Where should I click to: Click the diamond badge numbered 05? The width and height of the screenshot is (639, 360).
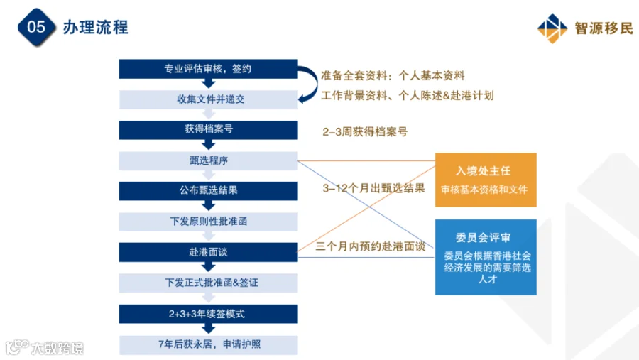[36, 27]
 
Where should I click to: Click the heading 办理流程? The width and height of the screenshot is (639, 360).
[95, 28]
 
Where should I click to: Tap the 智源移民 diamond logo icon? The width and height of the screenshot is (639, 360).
[552, 28]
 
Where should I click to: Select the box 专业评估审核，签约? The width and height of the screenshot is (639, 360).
[208, 68]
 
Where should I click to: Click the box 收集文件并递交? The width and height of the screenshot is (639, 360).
[208, 99]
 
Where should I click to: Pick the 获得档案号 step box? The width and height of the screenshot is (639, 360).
[208, 130]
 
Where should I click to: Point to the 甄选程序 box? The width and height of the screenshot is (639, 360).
[208, 160]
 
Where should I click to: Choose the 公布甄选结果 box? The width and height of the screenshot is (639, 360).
[208, 191]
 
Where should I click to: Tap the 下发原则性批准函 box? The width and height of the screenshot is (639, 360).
[208, 222]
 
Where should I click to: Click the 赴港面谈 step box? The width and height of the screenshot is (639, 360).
[208, 252]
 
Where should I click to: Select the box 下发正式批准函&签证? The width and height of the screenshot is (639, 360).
[208, 283]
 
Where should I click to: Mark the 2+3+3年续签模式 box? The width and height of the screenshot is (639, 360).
[208, 314]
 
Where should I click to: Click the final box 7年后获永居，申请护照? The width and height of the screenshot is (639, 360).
[208, 345]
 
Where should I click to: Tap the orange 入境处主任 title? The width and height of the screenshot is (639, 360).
[484, 171]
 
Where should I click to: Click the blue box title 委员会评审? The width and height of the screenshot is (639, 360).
[484, 238]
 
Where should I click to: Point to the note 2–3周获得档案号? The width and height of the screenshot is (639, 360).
[365, 131]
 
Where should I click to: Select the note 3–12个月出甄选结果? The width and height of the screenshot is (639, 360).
[373, 188]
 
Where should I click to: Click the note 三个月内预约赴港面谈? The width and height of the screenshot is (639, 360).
[371, 246]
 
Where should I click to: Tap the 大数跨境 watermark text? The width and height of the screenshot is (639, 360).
[58, 348]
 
